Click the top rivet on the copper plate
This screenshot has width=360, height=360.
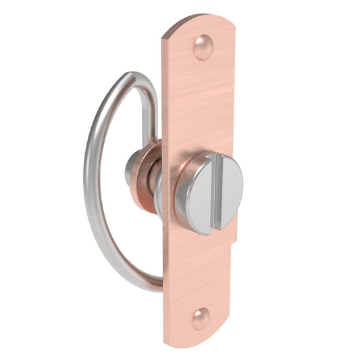(203, 48)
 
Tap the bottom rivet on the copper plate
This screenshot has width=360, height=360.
(201, 317)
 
